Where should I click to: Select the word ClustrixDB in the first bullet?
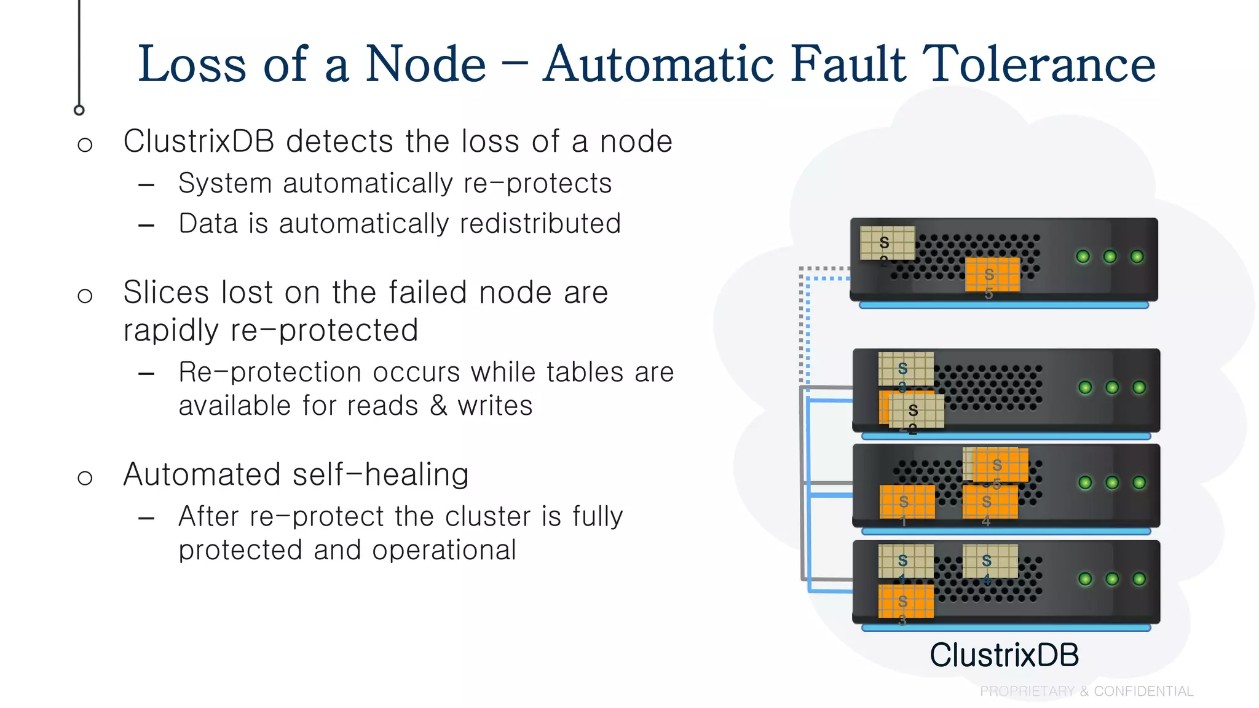[x=199, y=141]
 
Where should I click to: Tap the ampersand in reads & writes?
[x=438, y=406]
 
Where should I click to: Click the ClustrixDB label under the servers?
[x=1004, y=655]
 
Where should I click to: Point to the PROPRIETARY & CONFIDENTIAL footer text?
[x=1086, y=691]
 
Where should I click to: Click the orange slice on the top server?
[x=992, y=274]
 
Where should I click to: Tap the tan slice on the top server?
[x=887, y=243]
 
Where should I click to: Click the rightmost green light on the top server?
[x=1137, y=256]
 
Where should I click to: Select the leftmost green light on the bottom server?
[x=1085, y=579]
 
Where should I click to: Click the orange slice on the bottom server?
[x=906, y=601]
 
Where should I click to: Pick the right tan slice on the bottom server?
[x=990, y=561]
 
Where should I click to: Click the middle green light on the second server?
[x=1112, y=387]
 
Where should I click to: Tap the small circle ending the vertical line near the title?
[x=79, y=110]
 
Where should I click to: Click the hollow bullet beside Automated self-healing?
[x=85, y=478]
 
